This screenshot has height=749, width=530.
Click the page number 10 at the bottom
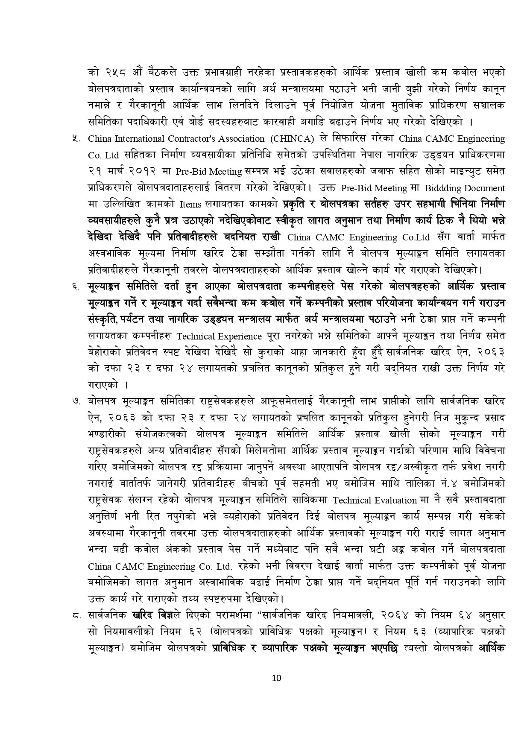coord(276,678)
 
